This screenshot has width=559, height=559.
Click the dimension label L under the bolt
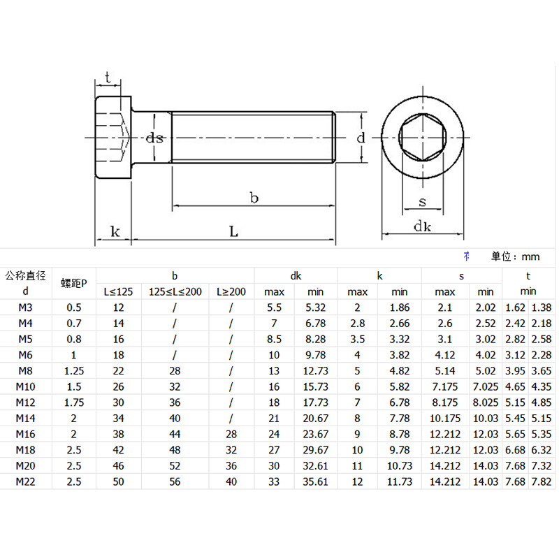pos(234,231)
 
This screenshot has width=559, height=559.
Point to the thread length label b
pos(254,198)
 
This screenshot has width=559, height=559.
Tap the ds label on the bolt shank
pos(154,138)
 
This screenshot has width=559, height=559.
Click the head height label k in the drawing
pos(115,231)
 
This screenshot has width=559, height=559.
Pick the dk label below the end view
pos(422,226)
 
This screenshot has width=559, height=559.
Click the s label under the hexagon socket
pos(422,202)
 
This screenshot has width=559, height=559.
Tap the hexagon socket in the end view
pos(422,137)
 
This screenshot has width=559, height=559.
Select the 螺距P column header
pos(74,283)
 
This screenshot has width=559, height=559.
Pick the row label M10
pos(26,386)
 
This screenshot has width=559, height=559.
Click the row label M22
pos(26,481)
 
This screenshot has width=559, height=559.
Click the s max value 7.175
pos(445,386)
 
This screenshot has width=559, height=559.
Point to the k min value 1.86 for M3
pos(400,307)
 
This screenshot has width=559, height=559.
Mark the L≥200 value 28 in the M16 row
pos(231,434)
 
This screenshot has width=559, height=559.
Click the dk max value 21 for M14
pos(275,418)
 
